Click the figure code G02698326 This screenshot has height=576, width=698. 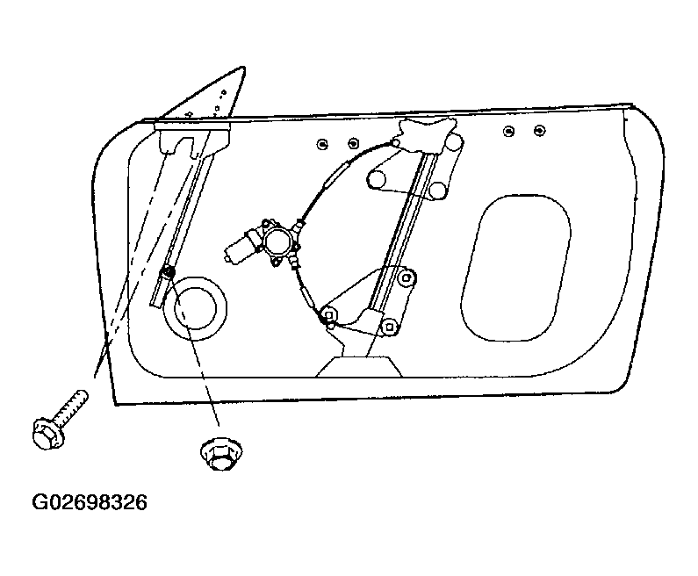click(x=90, y=502)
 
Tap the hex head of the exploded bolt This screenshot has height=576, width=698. click(x=48, y=434)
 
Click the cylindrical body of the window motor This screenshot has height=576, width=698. click(x=242, y=246)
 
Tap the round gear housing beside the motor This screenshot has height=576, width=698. click(x=279, y=241)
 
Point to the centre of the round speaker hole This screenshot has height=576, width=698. click(x=195, y=308)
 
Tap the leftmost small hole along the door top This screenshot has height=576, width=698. click(x=322, y=144)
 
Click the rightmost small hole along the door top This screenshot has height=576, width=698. click(x=540, y=131)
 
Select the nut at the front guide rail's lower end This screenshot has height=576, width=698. click(x=169, y=272)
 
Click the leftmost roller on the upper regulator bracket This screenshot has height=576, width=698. click(x=376, y=179)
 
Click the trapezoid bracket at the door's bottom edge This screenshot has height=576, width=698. click(x=359, y=366)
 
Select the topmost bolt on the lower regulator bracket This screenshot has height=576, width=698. click(x=407, y=277)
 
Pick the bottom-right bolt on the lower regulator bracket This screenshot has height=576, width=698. click(x=390, y=327)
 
